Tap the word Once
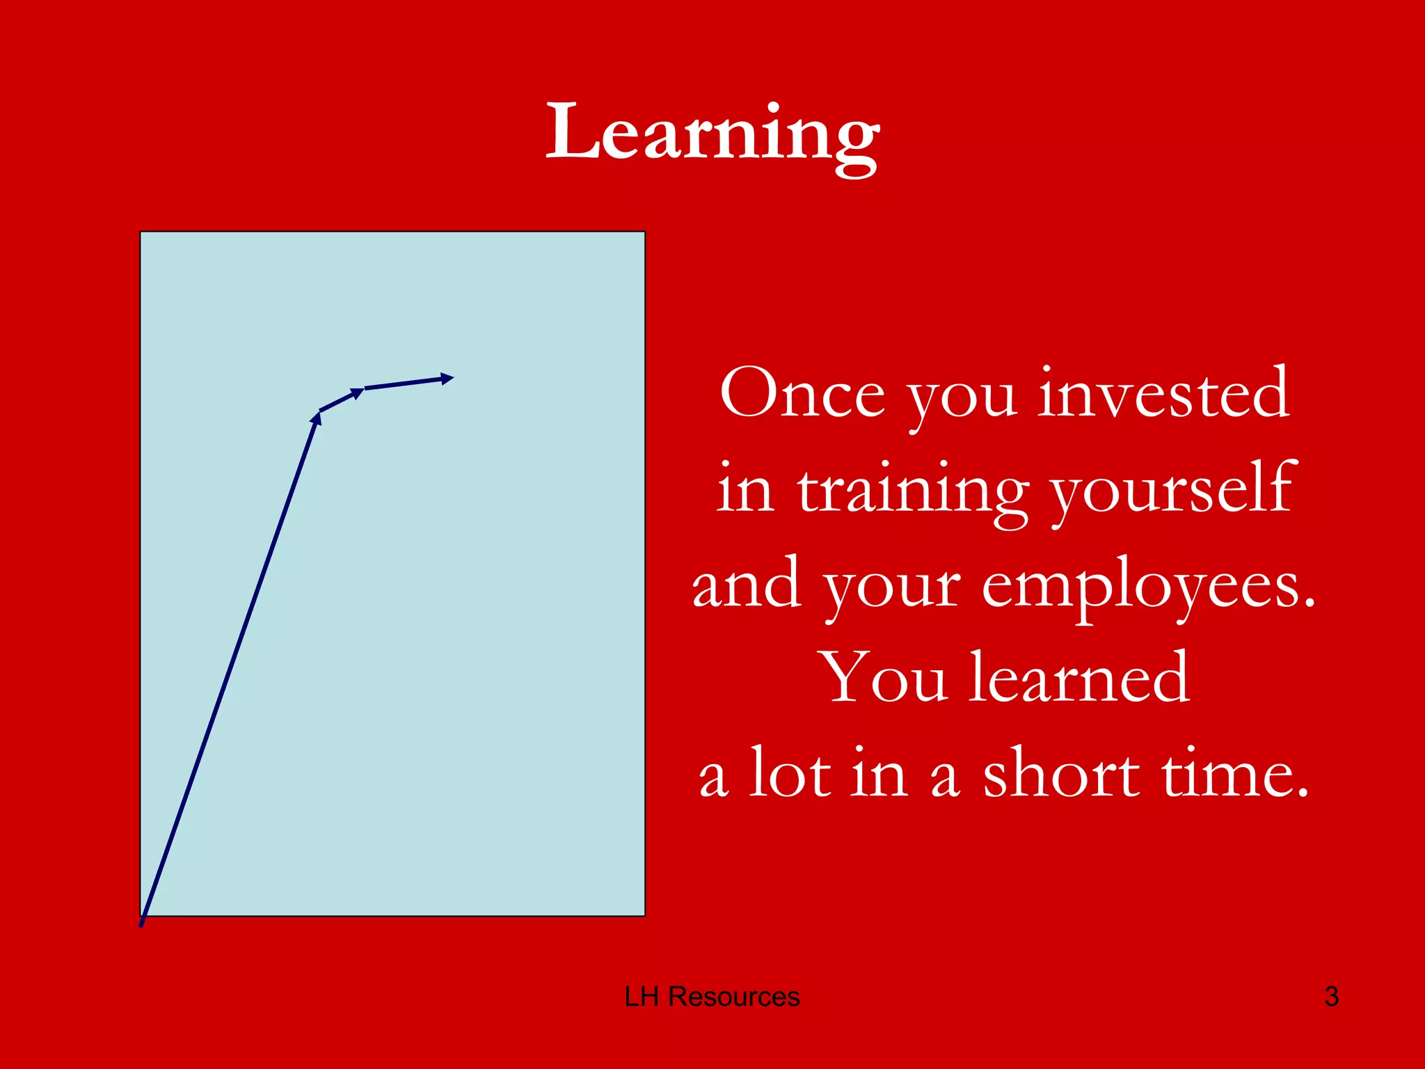click(802, 394)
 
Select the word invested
click(1164, 394)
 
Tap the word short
click(1061, 774)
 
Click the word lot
click(790, 774)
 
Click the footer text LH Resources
click(712, 997)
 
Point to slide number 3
click(1331, 997)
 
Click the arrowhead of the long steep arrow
click(317, 418)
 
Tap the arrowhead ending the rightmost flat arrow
click(447, 379)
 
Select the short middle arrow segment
click(341, 400)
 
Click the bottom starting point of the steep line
click(141, 924)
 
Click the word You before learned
click(884, 678)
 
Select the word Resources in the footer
click(733, 997)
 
